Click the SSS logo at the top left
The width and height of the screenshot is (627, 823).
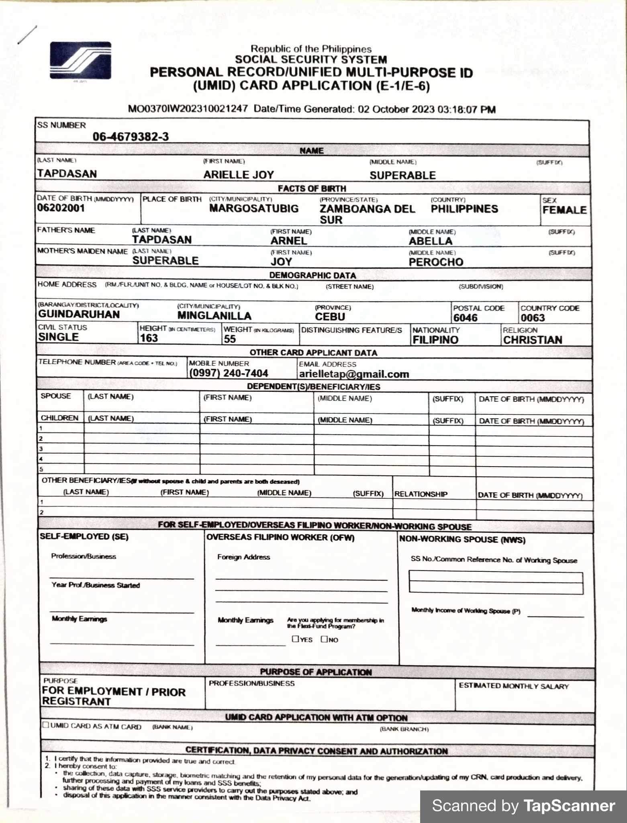tap(80, 60)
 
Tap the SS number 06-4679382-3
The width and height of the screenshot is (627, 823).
tap(131, 137)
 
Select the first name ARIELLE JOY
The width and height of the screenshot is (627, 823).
tap(238, 175)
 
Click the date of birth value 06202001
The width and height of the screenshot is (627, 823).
tap(61, 208)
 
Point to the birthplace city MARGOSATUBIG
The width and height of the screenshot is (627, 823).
tap(254, 209)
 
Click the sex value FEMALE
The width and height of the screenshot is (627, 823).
tap(564, 210)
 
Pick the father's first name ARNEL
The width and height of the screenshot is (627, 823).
tap(289, 241)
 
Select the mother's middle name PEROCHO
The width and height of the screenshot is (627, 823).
tap(436, 262)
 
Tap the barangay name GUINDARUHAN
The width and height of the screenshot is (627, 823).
tap(79, 314)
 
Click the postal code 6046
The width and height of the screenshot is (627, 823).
tap(466, 318)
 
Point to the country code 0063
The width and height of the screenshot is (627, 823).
tap(533, 318)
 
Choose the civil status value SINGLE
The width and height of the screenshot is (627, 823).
tap(59, 337)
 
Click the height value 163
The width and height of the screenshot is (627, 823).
tap(149, 338)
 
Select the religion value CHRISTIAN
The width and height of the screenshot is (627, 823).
tap(533, 340)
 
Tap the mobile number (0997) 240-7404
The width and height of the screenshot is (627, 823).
tap(229, 373)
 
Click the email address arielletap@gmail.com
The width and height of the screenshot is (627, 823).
tap(354, 374)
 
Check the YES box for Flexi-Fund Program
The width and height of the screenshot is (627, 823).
tap(296, 639)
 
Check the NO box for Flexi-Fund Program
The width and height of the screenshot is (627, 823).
tap(324, 639)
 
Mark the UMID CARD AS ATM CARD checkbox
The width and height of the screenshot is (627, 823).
tap(46, 725)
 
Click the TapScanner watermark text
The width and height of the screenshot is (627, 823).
tap(523, 806)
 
